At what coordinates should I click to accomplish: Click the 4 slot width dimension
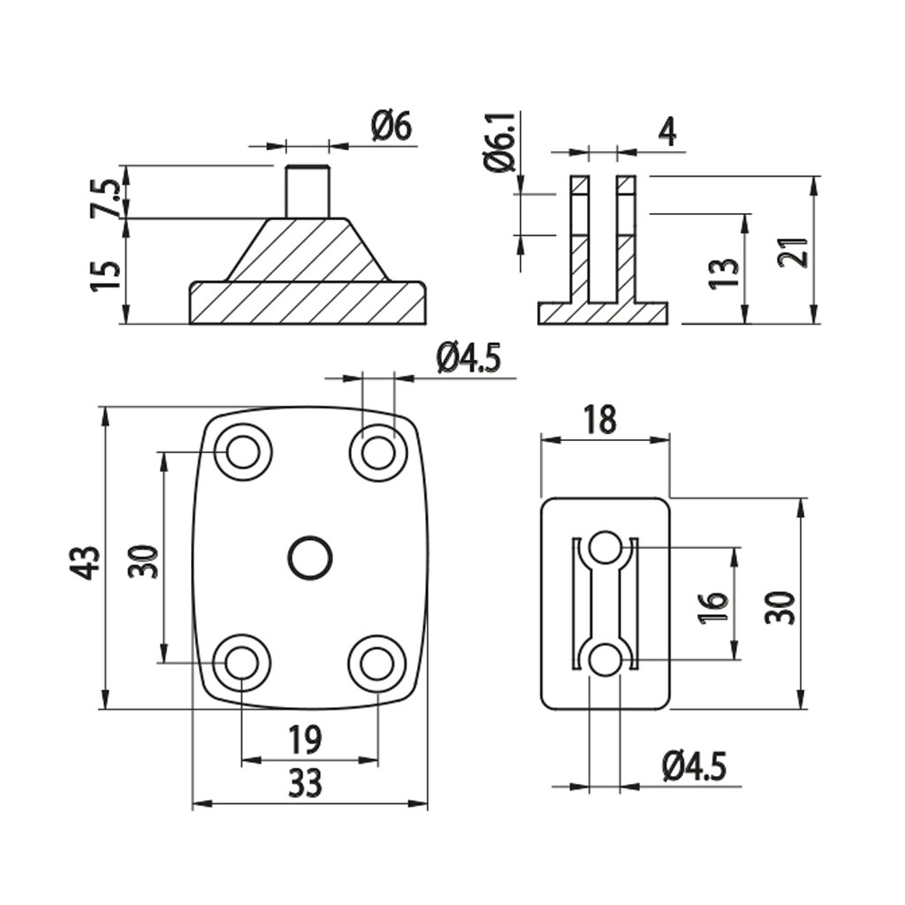point(667,133)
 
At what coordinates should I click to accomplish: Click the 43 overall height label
point(86,561)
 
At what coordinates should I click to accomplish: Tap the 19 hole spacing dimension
point(305,738)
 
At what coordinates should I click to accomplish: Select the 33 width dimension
point(306,782)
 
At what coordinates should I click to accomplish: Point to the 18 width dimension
point(599,420)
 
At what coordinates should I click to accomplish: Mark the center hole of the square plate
point(310,558)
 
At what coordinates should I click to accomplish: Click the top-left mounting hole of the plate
point(242,452)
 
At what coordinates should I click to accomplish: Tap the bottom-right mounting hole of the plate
point(377,663)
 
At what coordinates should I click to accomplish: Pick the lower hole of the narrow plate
point(605,659)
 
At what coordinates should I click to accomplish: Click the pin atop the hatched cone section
point(308,191)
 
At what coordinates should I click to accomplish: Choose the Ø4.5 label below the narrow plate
point(694,765)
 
